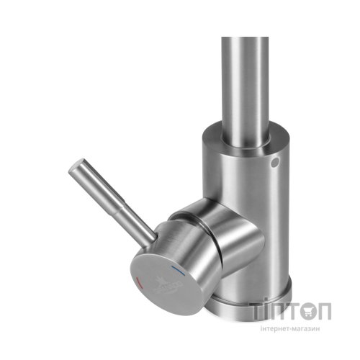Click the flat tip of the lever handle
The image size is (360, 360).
[72, 170]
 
